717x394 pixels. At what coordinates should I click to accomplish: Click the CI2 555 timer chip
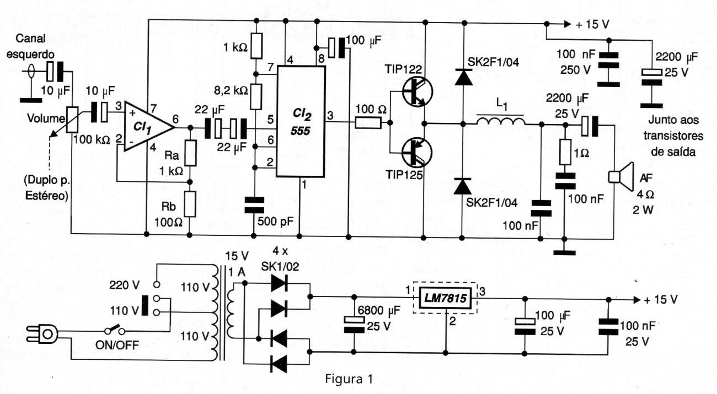301,122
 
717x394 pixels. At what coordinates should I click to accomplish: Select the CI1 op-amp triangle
148,126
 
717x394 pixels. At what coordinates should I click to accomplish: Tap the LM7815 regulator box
445,298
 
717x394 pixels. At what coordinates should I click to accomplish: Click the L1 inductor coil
501,121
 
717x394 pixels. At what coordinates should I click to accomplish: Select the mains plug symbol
42,334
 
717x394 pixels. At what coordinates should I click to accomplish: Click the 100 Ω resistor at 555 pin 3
368,123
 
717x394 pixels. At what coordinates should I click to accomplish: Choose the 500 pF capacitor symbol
254,205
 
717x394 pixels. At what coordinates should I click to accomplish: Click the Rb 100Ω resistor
190,204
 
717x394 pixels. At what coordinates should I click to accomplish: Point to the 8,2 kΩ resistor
256,96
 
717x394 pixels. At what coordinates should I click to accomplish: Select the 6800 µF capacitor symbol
354,324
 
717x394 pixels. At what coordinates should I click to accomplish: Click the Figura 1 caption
349,379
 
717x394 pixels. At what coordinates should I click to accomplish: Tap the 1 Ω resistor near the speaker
565,152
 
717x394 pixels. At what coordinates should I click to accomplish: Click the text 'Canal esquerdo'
30,46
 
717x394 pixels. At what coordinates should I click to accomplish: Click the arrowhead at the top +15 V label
567,24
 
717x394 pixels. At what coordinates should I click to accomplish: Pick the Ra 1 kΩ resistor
190,153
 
